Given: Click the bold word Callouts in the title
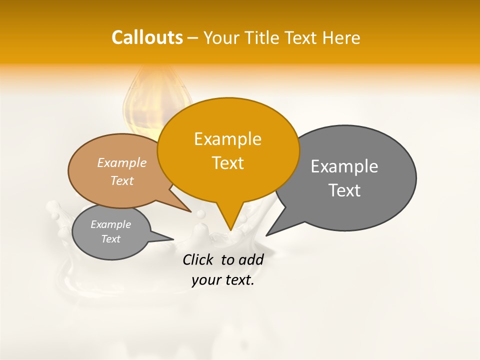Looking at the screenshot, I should [x=147, y=37].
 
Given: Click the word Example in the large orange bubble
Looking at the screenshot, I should [x=227, y=139].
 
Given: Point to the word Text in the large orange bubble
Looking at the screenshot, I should [x=227, y=163].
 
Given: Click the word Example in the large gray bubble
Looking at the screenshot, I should [x=344, y=166].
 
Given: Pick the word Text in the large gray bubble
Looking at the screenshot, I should [x=344, y=190].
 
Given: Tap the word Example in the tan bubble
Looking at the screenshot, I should [x=122, y=162].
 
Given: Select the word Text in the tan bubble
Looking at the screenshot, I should [x=122, y=180].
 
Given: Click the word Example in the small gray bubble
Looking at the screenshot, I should [x=110, y=224].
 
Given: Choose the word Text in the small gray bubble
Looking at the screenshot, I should [x=110, y=239].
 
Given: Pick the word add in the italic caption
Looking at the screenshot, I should [x=251, y=260].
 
